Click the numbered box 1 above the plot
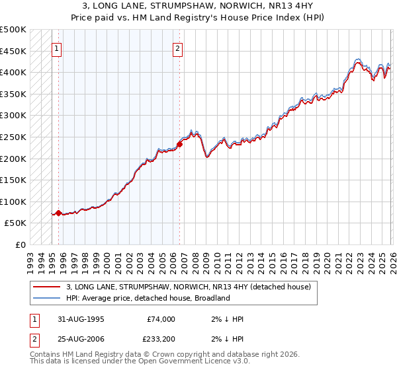(x=57, y=48)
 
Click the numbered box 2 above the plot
(x=179, y=48)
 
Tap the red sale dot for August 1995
(x=58, y=213)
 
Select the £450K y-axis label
(x=13, y=51)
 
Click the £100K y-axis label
(x=13, y=202)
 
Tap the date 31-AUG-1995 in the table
(x=82, y=319)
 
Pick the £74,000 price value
(x=160, y=319)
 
